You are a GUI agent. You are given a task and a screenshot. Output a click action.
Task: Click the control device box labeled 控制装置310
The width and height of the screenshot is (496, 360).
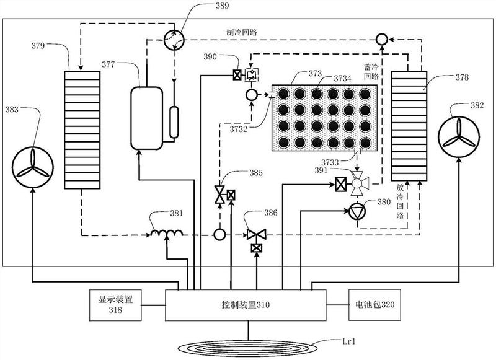246,305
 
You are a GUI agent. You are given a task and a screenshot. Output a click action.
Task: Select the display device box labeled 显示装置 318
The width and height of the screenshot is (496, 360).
115,305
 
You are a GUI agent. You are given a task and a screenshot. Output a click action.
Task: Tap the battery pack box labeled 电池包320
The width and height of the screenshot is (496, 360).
375,305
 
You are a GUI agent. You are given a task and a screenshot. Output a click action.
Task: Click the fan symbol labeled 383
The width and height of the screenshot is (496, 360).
33,167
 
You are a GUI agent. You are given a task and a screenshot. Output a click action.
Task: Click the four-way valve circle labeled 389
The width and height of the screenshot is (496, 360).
174,40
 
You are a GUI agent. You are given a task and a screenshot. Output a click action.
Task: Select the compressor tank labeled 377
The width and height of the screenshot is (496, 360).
147,118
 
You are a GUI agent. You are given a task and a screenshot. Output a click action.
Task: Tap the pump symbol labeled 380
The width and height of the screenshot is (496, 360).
357,212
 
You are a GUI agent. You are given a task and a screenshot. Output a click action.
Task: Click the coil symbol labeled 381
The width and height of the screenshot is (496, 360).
167,233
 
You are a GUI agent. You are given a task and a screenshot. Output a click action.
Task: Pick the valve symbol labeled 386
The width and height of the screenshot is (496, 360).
257,234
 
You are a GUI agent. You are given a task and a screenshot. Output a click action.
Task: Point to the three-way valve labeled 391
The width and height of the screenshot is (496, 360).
358,183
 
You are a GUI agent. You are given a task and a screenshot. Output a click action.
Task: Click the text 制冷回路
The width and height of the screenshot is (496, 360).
242,32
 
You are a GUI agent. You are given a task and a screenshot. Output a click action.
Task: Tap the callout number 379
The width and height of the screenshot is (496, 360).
38,46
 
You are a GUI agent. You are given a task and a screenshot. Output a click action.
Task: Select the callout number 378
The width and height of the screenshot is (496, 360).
462,77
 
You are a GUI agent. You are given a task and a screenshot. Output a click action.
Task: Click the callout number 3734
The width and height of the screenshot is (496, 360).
343,78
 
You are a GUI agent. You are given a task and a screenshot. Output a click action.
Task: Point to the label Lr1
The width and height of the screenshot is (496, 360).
349,341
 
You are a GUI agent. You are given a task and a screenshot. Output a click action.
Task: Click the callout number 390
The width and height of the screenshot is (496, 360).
210,56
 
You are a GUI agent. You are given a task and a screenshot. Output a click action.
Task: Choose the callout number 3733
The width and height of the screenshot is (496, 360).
330,162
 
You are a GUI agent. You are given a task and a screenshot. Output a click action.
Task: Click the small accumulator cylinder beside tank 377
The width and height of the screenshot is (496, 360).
174,122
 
